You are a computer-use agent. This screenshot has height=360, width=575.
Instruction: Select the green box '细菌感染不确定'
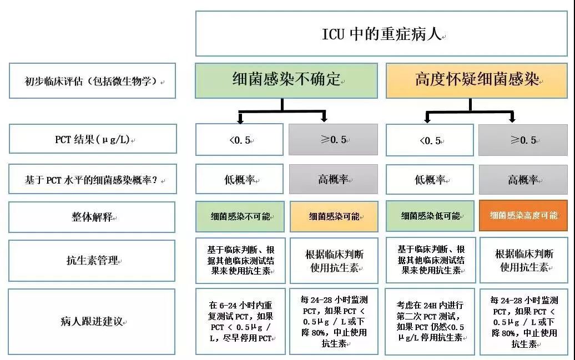pos(286,81)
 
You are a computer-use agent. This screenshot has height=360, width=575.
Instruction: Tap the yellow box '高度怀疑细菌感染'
pos(476,81)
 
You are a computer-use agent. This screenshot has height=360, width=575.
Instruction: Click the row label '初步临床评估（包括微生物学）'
pos(93,81)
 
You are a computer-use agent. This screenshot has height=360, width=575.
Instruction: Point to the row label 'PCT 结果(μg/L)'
pos(93,139)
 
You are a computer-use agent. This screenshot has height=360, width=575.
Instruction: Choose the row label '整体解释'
pos(93,217)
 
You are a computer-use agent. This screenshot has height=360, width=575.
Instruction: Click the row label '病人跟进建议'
pos(93,322)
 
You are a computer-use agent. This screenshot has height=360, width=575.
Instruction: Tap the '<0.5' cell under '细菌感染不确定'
pos(240,139)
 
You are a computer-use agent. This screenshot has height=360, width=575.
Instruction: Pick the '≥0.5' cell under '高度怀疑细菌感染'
pos(523,139)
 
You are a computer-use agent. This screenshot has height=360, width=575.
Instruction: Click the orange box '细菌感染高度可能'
pos(523,216)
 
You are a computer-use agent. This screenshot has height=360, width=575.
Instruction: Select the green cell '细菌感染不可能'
pos(240,216)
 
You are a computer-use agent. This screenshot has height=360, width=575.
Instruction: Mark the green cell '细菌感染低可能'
pos(430,216)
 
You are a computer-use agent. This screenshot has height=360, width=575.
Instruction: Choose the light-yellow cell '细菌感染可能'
pos(334,216)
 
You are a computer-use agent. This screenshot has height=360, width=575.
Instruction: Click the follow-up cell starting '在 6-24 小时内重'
pos(240,322)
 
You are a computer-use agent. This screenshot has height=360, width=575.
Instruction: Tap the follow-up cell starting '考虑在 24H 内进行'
pos(430,322)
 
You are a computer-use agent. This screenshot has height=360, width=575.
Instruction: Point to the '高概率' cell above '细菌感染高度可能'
pos(523,179)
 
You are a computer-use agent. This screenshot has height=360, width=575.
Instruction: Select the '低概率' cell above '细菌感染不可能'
pos(240,179)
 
